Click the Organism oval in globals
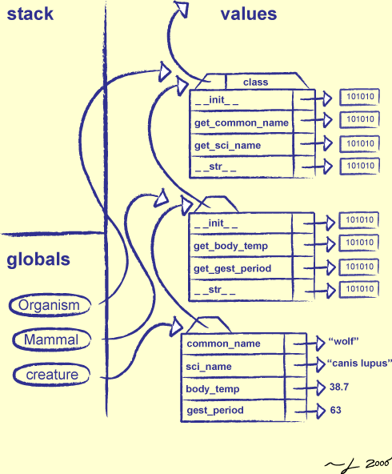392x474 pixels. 50,305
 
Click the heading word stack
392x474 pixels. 30,14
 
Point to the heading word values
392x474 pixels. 248,14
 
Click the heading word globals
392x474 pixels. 38,259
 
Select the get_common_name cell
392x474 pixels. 241,123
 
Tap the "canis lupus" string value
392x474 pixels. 359,364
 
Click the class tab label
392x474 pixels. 255,82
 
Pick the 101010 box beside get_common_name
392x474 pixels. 359,119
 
